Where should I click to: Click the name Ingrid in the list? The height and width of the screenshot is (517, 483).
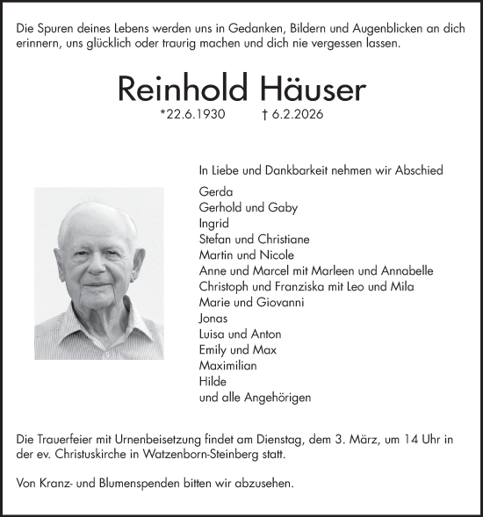214,223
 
